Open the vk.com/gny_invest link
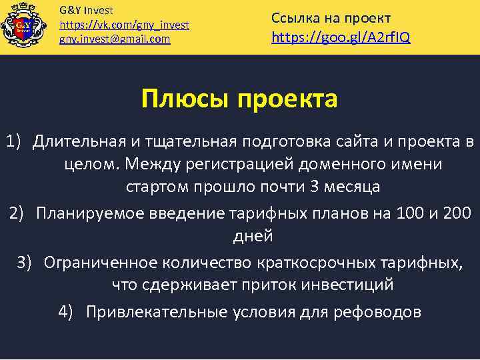(124, 25)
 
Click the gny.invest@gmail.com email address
(115, 39)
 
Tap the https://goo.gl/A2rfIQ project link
(341, 37)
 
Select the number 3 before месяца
(315, 187)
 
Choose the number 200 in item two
(455, 213)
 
